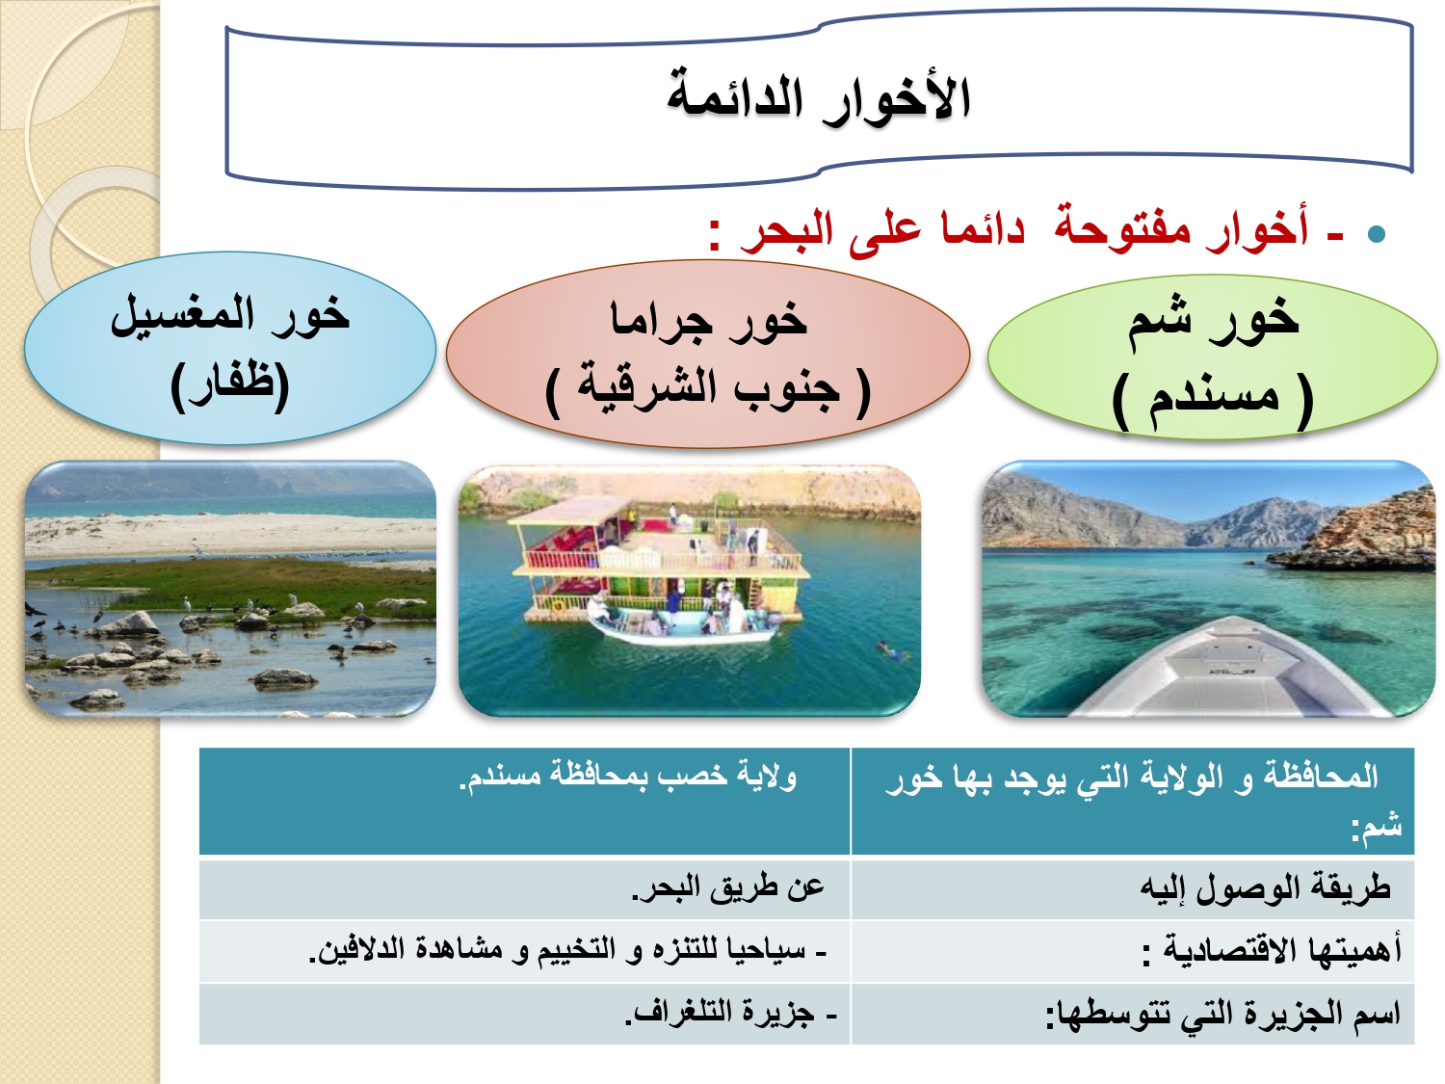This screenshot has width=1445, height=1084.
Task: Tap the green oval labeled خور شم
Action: (1212, 357)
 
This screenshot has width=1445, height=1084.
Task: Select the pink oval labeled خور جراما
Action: (708, 354)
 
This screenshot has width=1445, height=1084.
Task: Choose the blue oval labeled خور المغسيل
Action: (229, 348)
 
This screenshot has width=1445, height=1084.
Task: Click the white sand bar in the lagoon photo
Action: (230, 532)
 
